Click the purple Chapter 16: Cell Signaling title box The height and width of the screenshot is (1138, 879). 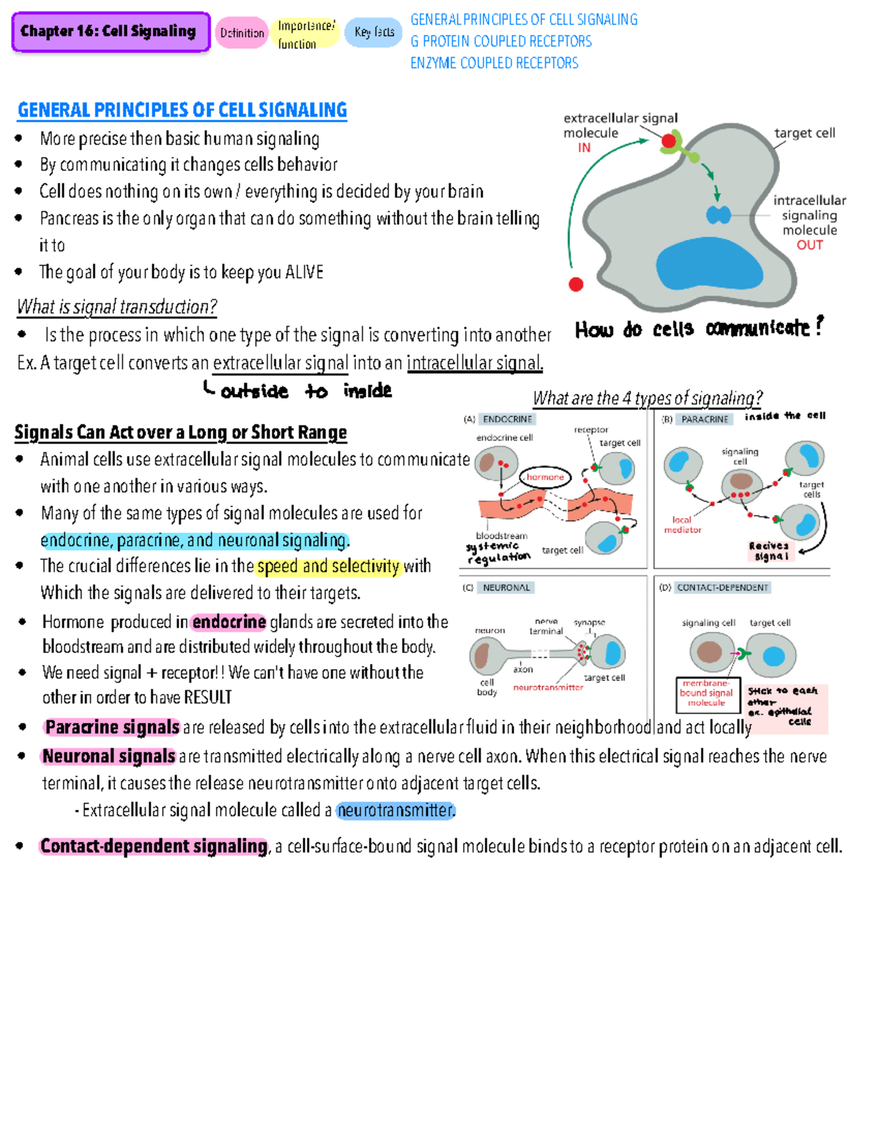[111, 32]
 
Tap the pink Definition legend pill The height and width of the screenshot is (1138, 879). [242, 33]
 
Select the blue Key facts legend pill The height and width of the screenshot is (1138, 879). [374, 32]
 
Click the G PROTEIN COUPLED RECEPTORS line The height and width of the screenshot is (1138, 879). [501, 41]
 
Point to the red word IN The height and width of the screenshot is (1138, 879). [584, 148]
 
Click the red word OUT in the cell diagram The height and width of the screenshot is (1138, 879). [809, 245]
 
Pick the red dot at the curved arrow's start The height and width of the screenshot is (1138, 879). [576, 284]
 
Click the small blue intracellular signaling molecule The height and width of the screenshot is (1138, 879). [718, 215]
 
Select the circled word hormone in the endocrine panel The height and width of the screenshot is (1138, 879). [545, 477]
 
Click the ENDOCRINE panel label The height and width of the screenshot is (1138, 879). [507, 419]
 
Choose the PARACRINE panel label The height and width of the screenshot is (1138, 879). [705, 419]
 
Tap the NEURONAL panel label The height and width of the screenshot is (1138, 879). [506, 588]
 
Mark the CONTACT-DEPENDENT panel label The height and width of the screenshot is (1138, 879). [722, 588]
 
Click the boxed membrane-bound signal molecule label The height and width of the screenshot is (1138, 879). [707, 693]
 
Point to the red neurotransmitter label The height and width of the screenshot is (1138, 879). [548, 687]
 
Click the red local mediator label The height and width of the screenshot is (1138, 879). [683, 525]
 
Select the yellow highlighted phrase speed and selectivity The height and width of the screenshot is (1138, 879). [328, 566]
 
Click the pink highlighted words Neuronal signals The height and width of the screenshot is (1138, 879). [108, 756]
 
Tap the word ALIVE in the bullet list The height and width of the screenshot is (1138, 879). [304, 273]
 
